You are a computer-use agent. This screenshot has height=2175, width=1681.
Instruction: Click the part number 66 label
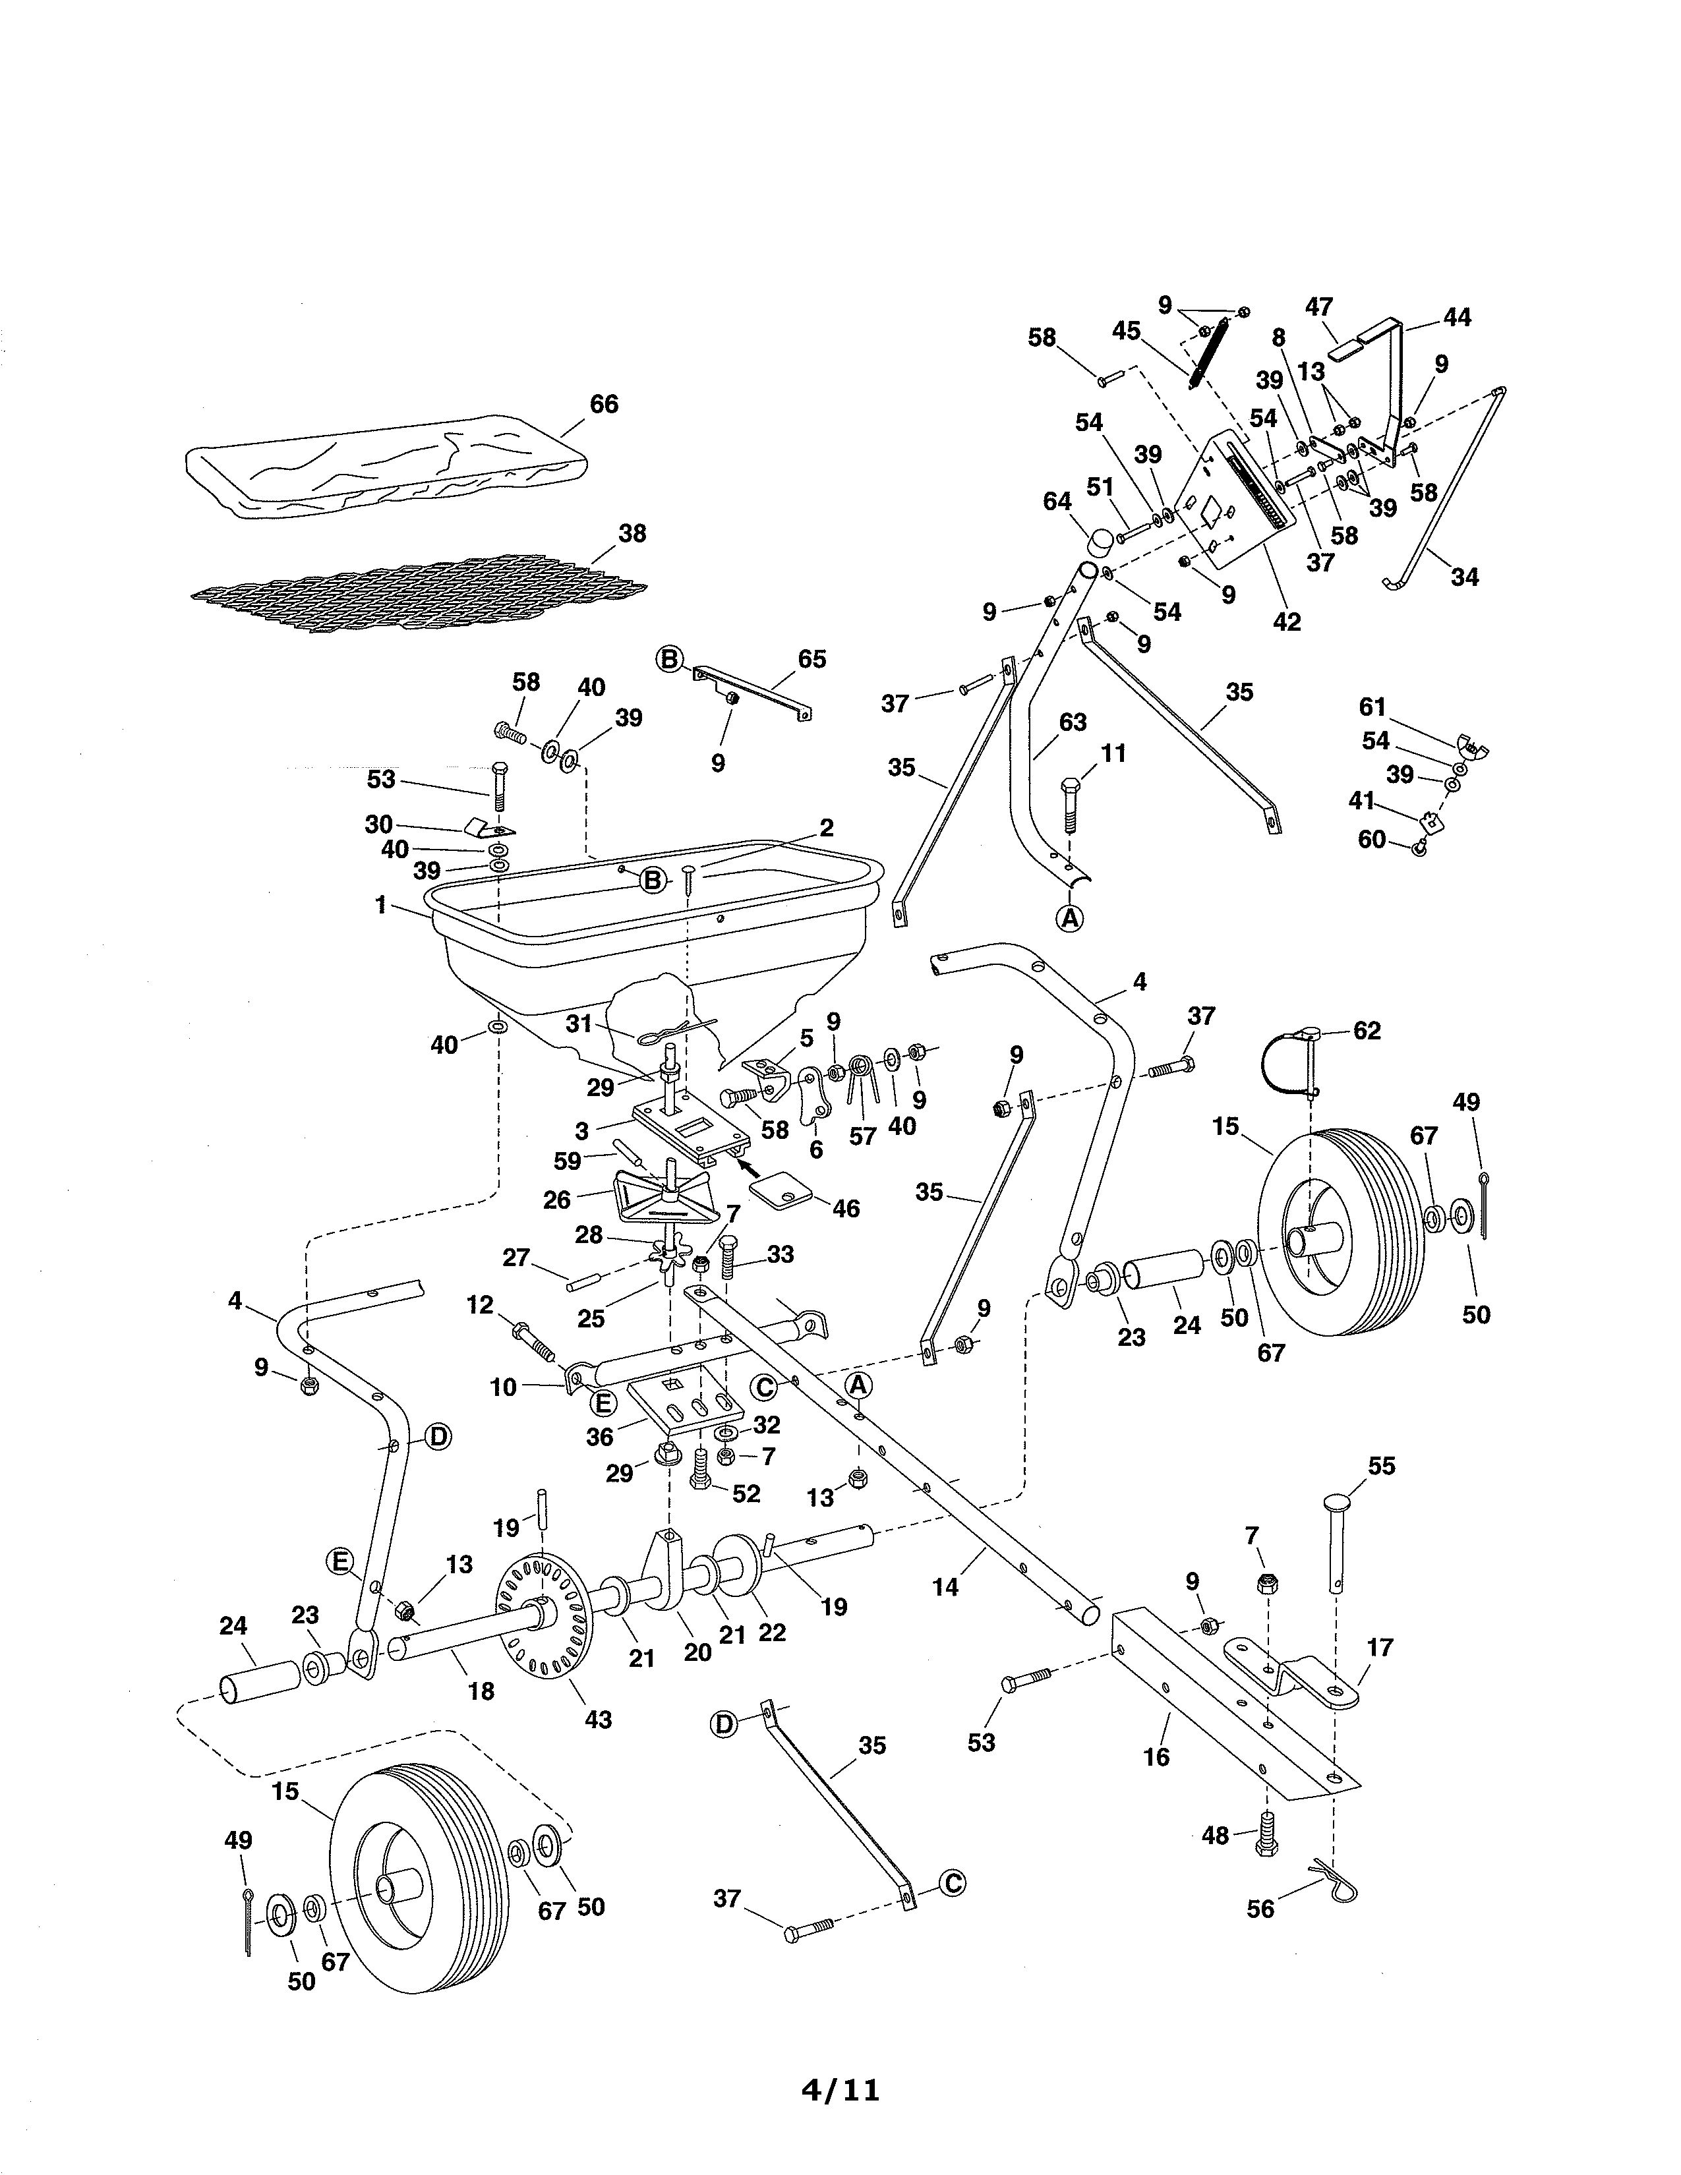[x=603, y=404]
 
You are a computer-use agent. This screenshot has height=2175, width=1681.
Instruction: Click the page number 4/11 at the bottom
[x=840, y=2089]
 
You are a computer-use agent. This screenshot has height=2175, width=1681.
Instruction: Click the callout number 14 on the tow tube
[x=945, y=1588]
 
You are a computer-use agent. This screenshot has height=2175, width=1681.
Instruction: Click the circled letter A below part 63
[x=1069, y=918]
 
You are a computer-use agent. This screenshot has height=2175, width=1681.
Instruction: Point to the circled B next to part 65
[x=669, y=659]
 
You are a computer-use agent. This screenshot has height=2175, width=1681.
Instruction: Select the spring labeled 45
[x=1206, y=353]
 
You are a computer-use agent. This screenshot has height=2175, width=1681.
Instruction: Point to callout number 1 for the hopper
[x=380, y=905]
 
